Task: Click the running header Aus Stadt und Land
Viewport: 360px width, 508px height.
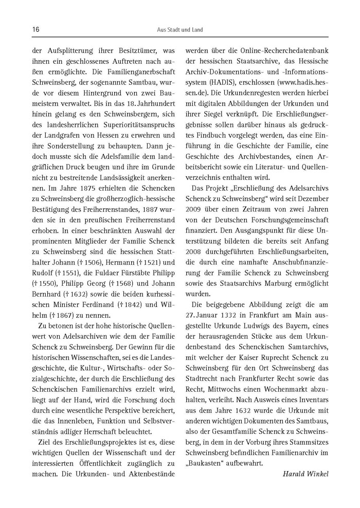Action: (x=179, y=30)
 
